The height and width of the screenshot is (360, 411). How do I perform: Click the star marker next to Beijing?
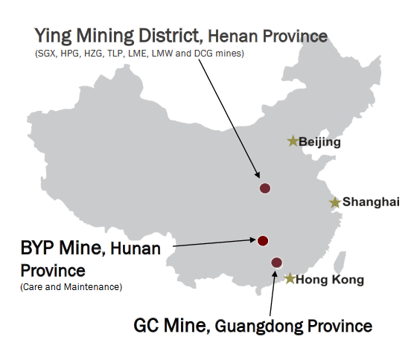[x=293, y=141]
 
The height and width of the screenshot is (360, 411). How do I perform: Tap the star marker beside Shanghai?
[x=335, y=202]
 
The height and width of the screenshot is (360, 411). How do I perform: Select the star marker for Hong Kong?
[x=290, y=279]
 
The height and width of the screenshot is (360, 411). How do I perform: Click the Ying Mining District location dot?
[x=264, y=188]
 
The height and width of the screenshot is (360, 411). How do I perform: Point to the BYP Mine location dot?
[x=262, y=240]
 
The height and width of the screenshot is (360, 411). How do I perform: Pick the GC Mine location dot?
[x=277, y=262]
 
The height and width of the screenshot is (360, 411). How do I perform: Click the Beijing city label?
[x=320, y=141]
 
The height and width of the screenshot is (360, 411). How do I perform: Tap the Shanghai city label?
[x=366, y=202]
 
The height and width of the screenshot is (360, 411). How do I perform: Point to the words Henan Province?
[x=268, y=36]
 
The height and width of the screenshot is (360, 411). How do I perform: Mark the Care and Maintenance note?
[x=71, y=286]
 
